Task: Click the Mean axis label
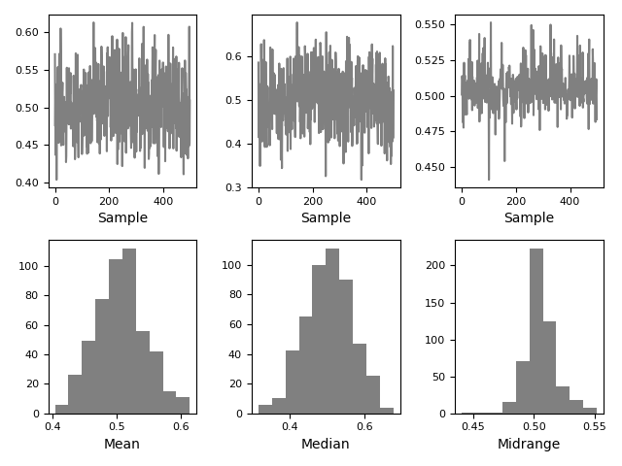click(121, 445)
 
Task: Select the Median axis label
click(326, 445)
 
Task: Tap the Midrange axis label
click(529, 445)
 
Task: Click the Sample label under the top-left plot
click(122, 218)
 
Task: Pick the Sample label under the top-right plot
click(529, 218)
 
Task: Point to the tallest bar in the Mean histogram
click(129, 331)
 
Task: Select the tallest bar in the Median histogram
click(332, 331)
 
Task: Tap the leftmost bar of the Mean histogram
click(61, 409)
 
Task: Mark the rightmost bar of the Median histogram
click(387, 411)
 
